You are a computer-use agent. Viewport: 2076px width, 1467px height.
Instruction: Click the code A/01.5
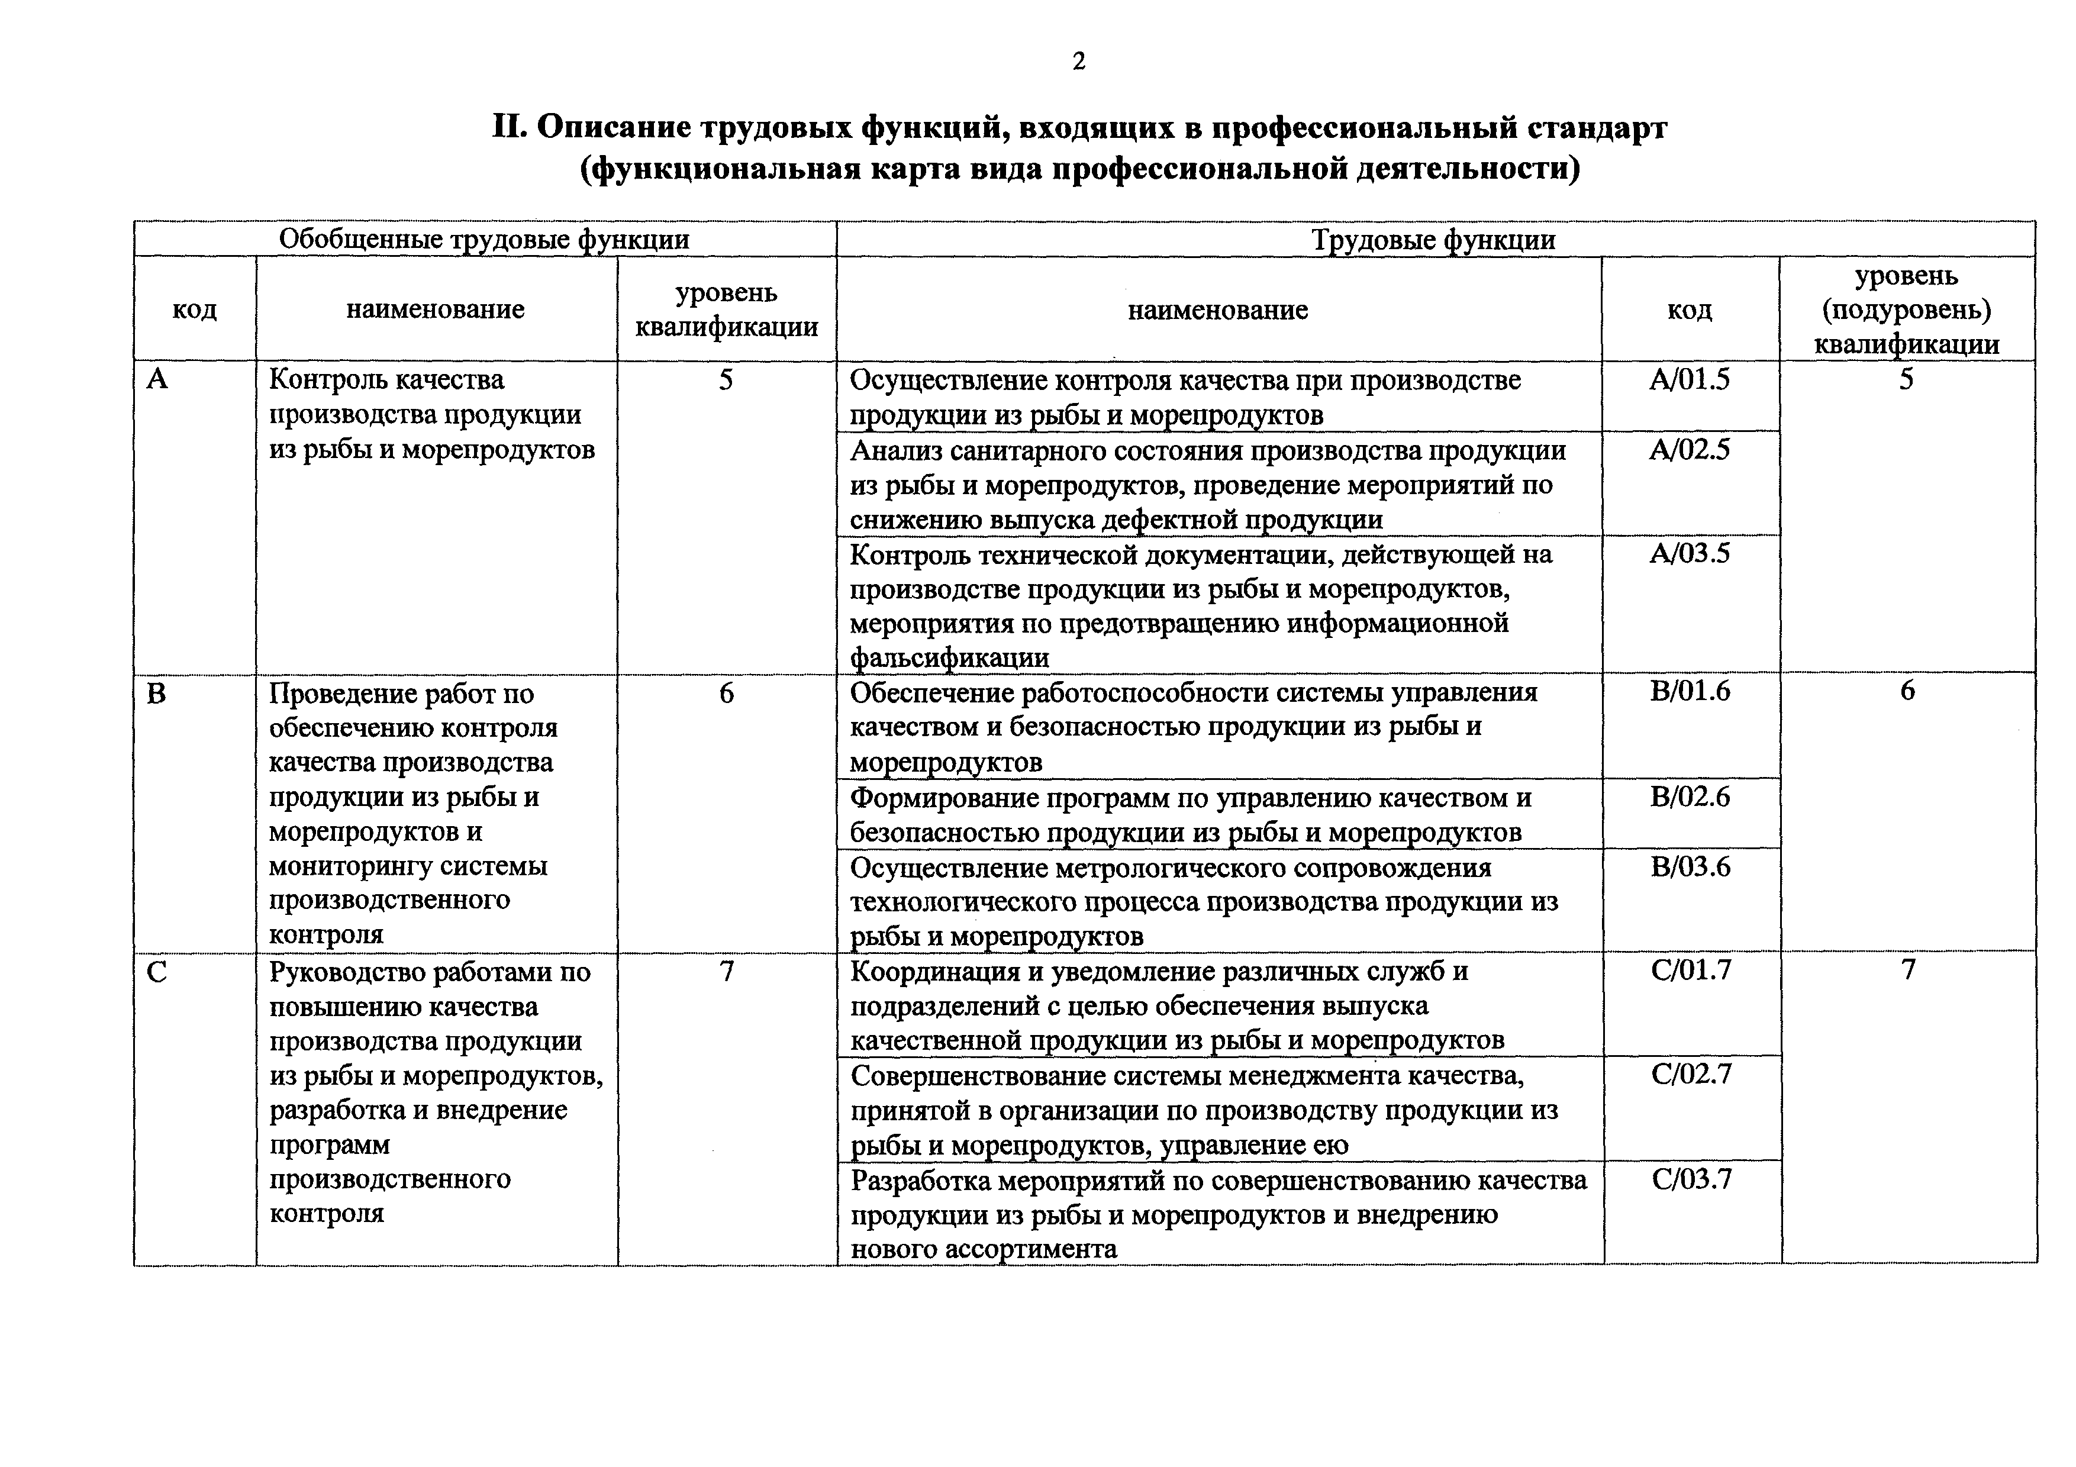pyautogui.click(x=1689, y=380)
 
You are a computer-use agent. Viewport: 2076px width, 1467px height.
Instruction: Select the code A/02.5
pyautogui.click(x=1689, y=449)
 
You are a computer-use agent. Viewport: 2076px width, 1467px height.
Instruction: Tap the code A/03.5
pyautogui.click(x=1689, y=553)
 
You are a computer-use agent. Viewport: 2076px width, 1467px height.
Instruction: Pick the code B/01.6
pyautogui.click(x=1689, y=691)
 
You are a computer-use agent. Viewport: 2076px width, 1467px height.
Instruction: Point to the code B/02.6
pyautogui.click(x=1689, y=797)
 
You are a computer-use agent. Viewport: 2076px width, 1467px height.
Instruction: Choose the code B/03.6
pyautogui.click(x=1689, y=867)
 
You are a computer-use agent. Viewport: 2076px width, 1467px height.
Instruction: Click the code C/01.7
pyautogui.click(x=1691, y=971)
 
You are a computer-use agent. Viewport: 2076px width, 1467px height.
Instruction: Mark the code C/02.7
pyautogui.click(x=1691, y=1075)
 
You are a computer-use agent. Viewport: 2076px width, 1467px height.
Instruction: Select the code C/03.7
pyautogui.click(x=1691, y=1179)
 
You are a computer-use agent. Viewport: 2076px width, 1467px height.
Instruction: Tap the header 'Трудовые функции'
pyautogui.click(x=1433, y=240)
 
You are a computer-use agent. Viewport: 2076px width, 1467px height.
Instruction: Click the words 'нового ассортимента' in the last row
pyautogui.click(x=983, y=1250)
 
